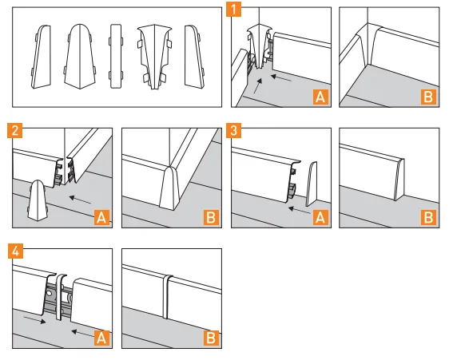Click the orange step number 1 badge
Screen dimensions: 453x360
click(x=234, y=10)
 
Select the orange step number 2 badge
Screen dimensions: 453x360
click(x=14, y=130)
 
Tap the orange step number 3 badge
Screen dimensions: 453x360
click(x=234, y=130)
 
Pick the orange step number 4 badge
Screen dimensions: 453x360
click(x=15, y=251)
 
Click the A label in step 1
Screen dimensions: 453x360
click(x=320, y=97)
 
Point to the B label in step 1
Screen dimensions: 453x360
click(x=428, y=97)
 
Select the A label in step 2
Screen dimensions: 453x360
click(x=101, y=218)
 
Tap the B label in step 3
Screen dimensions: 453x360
click(x=428, y=218)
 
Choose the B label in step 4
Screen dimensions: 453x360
click(x=211, y=338)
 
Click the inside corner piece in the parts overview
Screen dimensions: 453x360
click(x=154, y=57)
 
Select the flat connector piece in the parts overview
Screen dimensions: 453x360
click(x=116, y=56)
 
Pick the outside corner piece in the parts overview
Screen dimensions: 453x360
click(x=80, y=57)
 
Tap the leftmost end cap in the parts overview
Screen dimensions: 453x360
click(x=42, y=57)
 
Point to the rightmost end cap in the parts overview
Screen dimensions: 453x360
click(x=194, y=57)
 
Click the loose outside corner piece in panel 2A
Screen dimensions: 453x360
click(x=37, y=200)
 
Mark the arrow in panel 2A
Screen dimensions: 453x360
click(x=80, y=200)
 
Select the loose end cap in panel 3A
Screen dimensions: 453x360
click(x=311, y=184)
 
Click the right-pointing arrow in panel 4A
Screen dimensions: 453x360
click(x=34, y=319)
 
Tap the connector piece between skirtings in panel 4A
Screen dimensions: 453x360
click(x=61, y=298)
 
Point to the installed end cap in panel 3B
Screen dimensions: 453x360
click(x=399, y=180)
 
